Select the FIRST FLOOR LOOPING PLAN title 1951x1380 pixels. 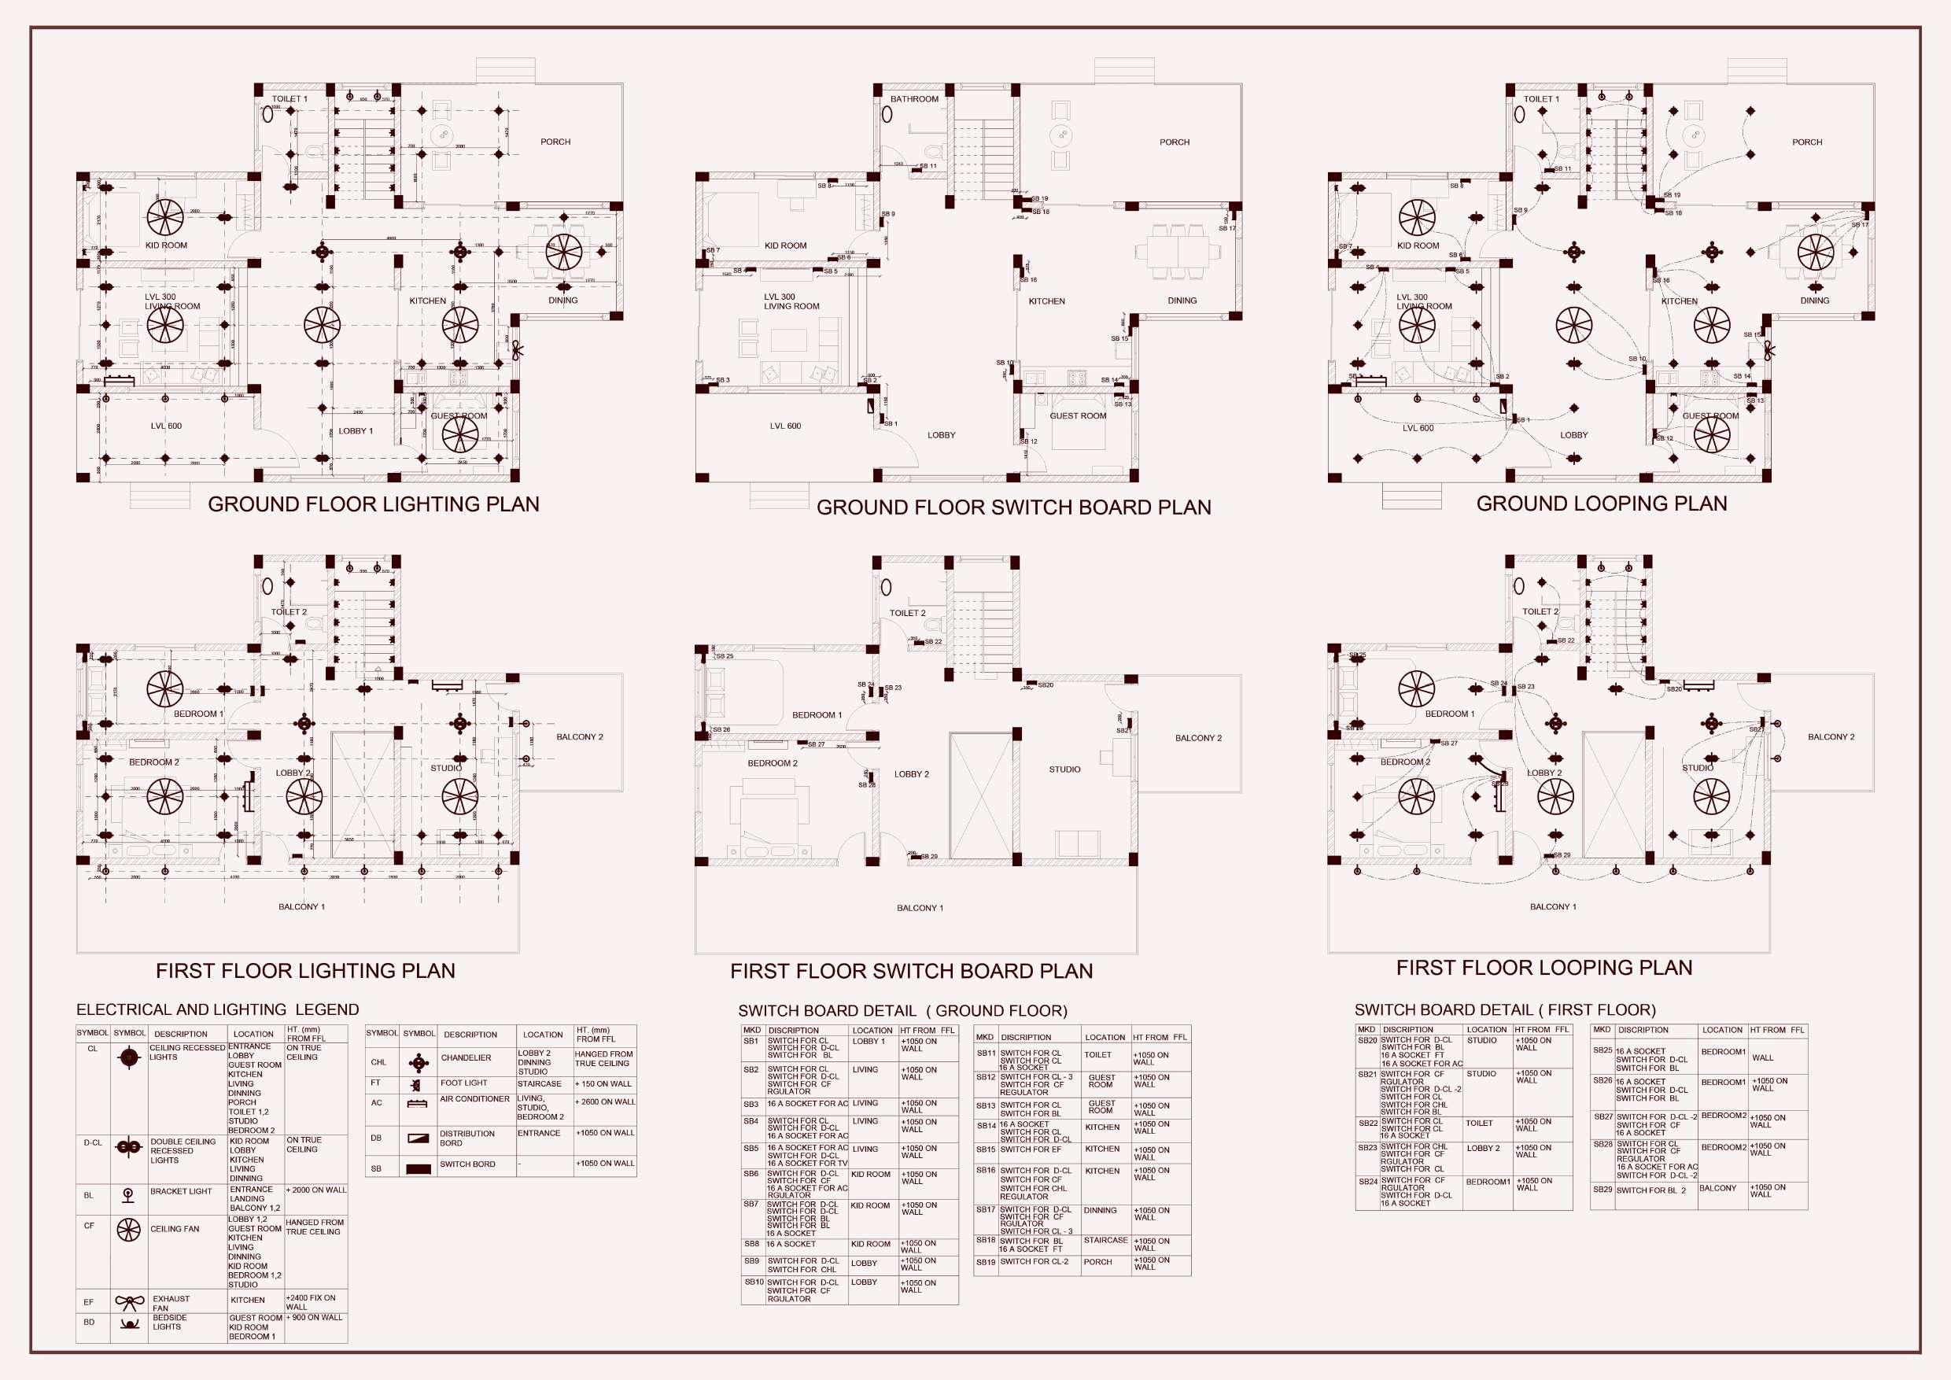pos(1544,968)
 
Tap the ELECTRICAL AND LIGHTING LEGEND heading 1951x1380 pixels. pos(218,1009)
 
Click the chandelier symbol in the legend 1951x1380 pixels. pos(418,1062)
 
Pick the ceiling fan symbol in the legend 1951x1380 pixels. pos(128,1230)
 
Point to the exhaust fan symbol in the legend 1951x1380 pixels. pos(129,1302)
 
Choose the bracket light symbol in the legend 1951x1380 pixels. pos(128,1195)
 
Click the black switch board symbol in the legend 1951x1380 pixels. pos(418,1168)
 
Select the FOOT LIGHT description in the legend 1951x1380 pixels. pos(463,1083)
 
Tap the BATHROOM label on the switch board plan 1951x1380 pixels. pos(914,99)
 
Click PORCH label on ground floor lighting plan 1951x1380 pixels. pos(555,142)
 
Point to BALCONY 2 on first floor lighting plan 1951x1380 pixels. pos(580,736)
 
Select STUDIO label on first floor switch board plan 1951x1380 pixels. pos(1064,769)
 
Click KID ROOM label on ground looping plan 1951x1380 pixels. pos(1418,245)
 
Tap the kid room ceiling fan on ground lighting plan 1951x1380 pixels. pos(165,217)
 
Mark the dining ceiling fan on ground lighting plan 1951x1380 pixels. pos(563,252)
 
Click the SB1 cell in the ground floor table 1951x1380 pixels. pos(751,1041)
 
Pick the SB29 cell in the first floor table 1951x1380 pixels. pos(1602,1190)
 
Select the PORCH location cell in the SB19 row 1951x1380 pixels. pos(1098,1262)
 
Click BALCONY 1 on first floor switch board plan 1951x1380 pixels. pos(920,907)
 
